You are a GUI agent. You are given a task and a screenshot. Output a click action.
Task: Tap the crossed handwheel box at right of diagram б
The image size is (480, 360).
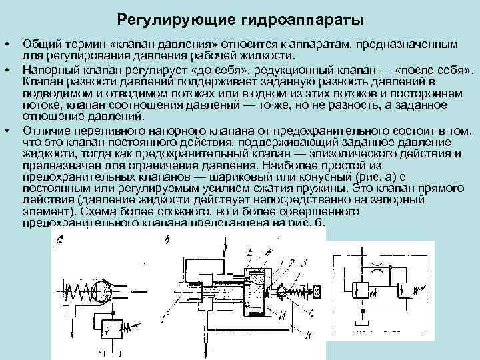(315, 291)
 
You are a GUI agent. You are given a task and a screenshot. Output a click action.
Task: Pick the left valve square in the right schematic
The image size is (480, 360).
(361, 289)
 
